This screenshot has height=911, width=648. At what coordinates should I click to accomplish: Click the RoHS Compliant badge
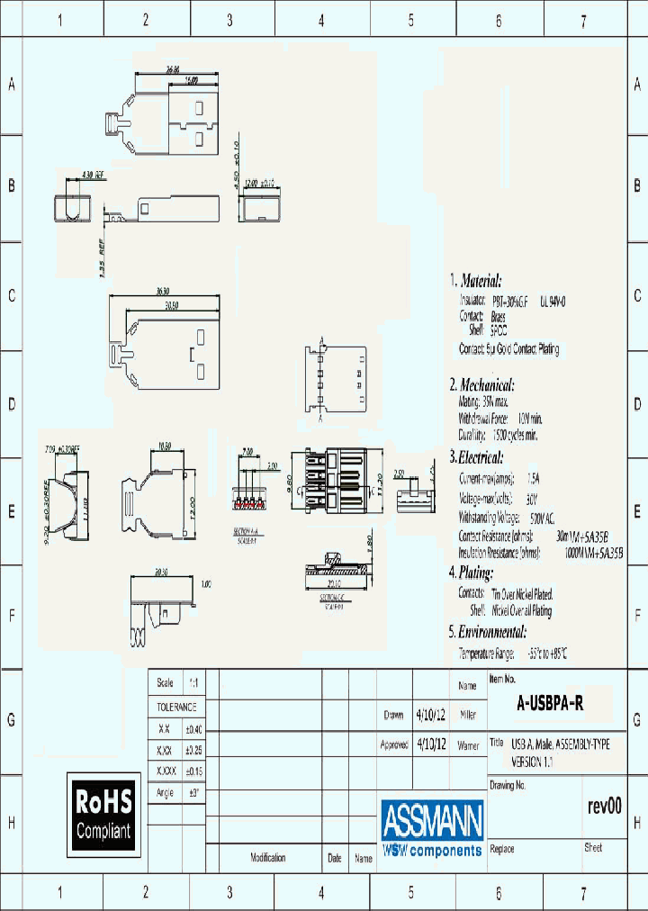tap(103, 814)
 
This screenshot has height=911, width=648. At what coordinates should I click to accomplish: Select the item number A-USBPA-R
tap(550, 705)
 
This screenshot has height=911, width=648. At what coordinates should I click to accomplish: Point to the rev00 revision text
tap(604, 806)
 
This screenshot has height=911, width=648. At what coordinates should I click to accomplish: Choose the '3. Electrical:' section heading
tap(476, 457)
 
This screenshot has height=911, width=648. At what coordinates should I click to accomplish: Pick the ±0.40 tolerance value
tap(195, 729)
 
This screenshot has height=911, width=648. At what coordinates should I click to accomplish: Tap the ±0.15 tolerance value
tap(195, 771)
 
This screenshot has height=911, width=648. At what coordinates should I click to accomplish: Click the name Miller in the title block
tap(468, 716)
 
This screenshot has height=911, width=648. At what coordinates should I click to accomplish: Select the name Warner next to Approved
tap(468, 746)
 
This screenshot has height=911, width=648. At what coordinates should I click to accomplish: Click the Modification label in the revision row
tap(267, 858)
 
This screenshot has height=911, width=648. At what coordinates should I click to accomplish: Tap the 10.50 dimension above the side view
tap(165, 446)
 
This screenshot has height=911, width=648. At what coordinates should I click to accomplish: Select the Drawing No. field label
tap(508, 785)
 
